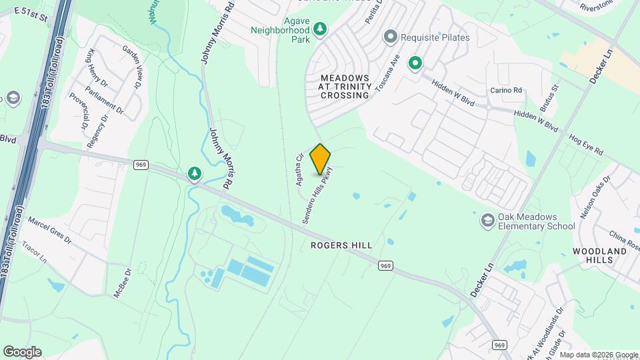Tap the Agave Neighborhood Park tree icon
pyautogui.click(x=321, y=29)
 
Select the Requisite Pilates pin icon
pyautogui.click(x=391, y=37)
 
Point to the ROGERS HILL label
pyautogui.click(x=341, y=245)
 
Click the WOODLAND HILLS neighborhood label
pyautogui.click(x=600, y=257)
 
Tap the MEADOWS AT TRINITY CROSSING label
pyautogui.click(x=345, y=87)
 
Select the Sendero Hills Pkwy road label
pyautogui.click(x=318, y=194)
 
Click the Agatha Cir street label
pyautogui.click(x=299, y=169)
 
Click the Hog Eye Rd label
pyautogui.click(x=586, y=144)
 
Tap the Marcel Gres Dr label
pyautogui.click(x=49, y=230)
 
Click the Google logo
pyautogui.click(x=22, y=352)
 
